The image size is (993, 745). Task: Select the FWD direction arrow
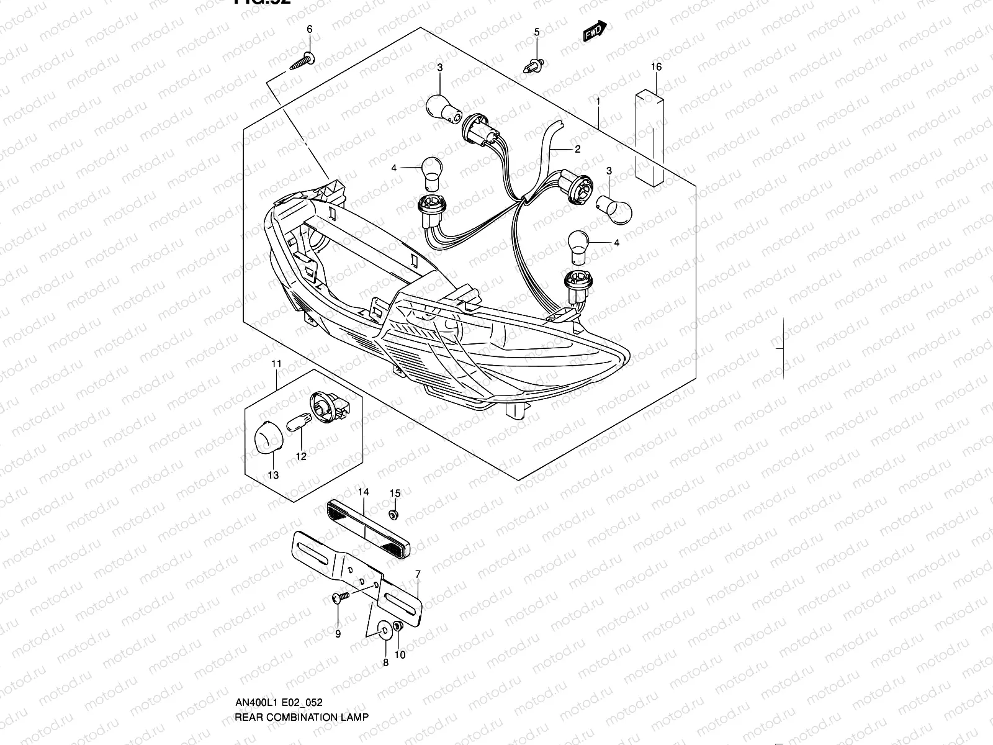point(594,32)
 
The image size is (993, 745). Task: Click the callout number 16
point(656,67)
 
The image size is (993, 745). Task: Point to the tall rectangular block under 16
point(650,138)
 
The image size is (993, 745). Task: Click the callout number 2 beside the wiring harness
point(577,149)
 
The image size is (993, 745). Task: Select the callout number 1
point(597,101)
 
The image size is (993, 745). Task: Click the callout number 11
point(276,363)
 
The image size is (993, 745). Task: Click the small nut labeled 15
point(392,515)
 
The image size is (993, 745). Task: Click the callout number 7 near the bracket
point(418,574)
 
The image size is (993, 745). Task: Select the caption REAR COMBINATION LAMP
point(301,716)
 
